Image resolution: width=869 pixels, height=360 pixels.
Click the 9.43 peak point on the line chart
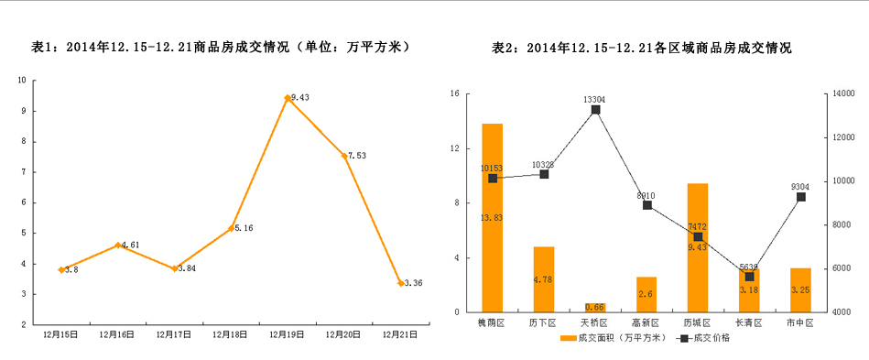[288, 98]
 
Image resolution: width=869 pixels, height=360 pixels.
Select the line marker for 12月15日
[61, 270]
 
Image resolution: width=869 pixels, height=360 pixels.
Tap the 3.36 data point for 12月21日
[400, 283]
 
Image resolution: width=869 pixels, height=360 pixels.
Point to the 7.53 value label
[356, 156]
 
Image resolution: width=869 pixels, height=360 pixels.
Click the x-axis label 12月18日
[231, 335]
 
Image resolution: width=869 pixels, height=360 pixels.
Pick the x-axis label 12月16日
[117, 335]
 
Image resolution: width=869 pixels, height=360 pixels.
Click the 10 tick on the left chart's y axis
[22, 80]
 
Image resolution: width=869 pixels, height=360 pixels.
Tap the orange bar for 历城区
[698, 247]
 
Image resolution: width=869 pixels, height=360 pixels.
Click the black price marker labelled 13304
[595, 110]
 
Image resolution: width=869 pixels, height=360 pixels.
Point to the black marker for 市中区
[800, 197]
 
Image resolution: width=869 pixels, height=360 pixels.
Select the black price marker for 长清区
[749, 276]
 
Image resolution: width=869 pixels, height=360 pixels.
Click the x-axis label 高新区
[646, 323]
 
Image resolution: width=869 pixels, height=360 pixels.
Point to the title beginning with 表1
[220, 48]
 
